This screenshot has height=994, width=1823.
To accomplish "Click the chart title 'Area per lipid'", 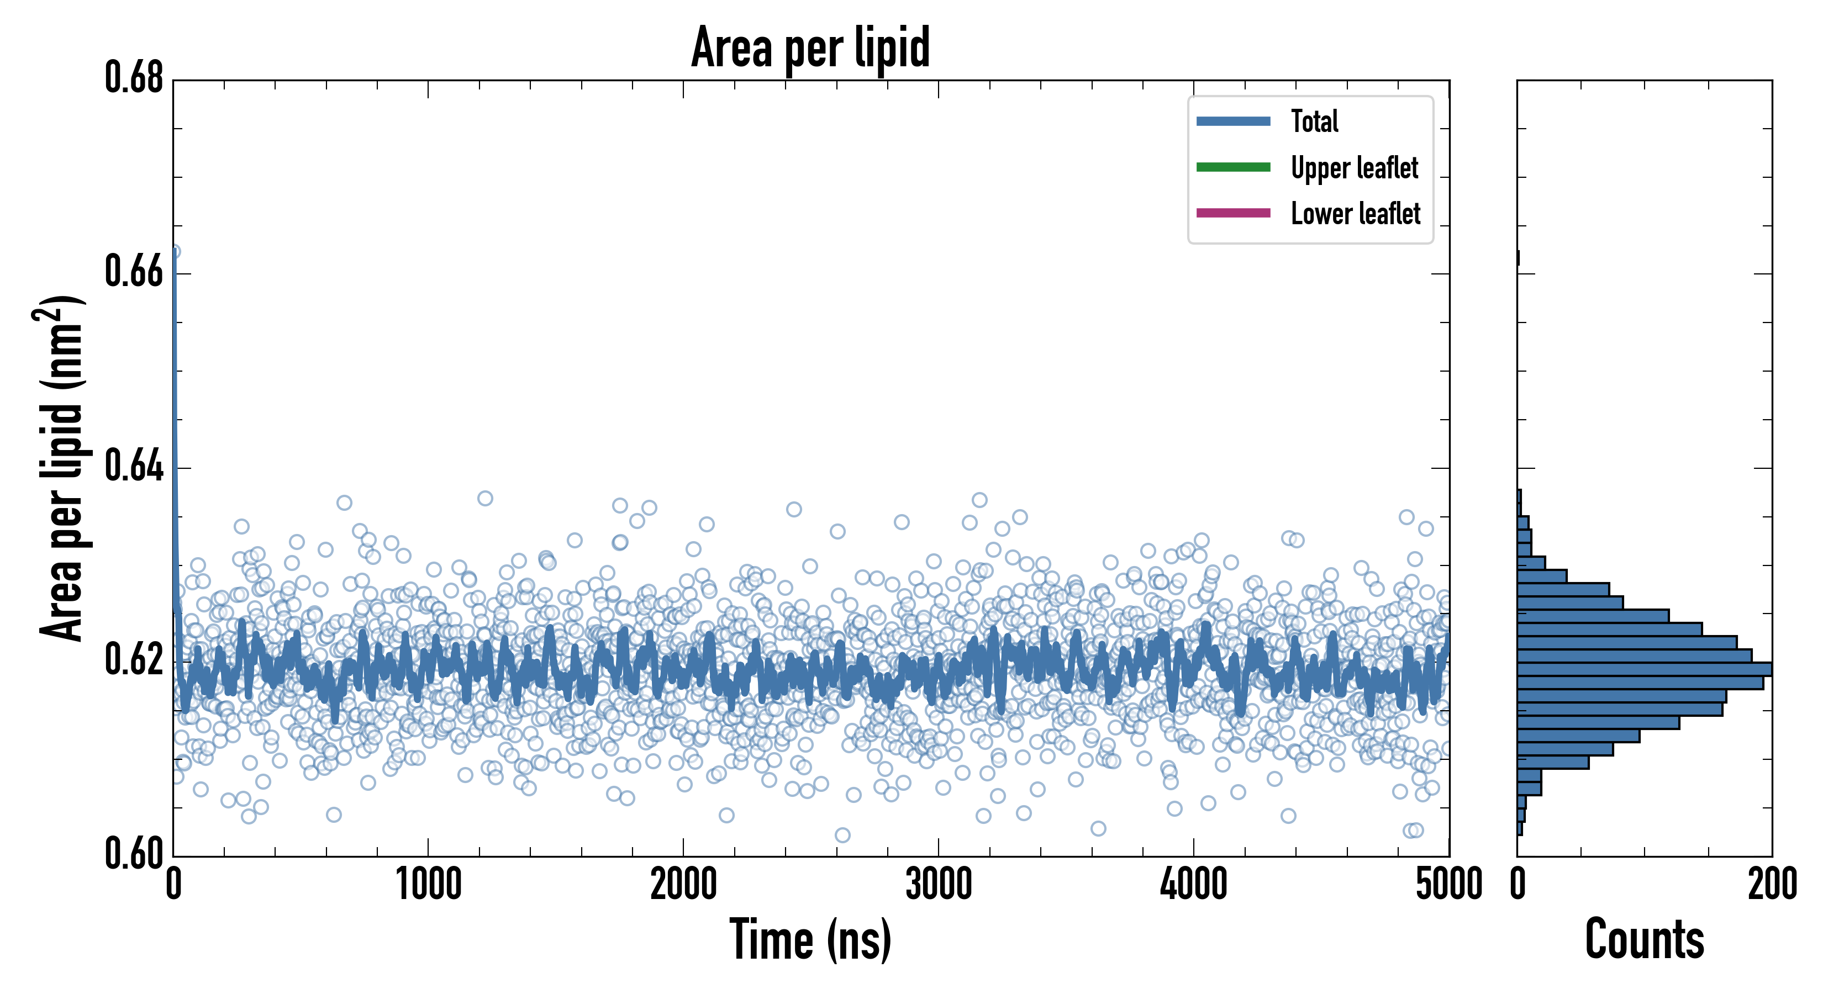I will (x=810, y=47).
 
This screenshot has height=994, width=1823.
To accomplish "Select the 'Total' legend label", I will (x=1314, y=121).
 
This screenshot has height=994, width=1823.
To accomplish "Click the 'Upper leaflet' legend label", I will (x=1354, y=168).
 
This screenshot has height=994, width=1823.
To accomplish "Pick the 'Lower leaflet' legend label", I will (x=1355, y=214).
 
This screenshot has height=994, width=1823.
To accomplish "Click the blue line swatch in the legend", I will (x=1233, y=121).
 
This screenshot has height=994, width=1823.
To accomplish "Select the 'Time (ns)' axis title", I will (x=810, y=939).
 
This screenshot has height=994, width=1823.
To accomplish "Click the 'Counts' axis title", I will (x=1644, y=939).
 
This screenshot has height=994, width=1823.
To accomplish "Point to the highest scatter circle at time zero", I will (x=173, y=252).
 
